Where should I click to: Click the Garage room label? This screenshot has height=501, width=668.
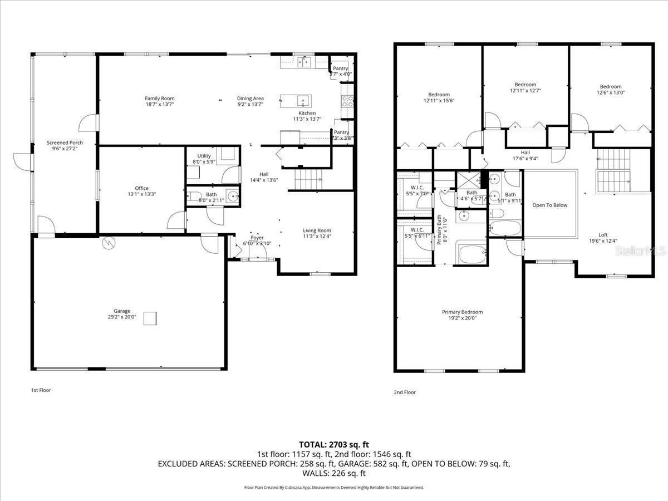[x=122, y=311]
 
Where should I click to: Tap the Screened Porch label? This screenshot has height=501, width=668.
[x=65, y=143]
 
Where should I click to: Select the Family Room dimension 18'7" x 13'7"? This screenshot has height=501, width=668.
[x=160, y=104]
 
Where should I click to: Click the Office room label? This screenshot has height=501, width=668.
[x=141, y=188]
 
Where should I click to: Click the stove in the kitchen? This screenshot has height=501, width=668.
[x=347, y=101]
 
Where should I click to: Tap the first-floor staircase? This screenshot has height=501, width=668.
[x=308, y=179]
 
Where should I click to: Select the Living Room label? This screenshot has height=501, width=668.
[x=317, y=230]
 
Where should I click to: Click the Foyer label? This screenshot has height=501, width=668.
[x=257, y=238]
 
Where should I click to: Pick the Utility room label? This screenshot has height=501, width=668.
[x=203, y=156]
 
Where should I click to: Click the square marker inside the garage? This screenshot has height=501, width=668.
[x=150, y=318]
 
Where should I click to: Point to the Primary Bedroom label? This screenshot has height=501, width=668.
[x=462, y=312]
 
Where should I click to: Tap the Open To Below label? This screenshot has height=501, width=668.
[x=549, y=205]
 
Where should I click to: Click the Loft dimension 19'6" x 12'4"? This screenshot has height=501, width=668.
[x=603, y=241]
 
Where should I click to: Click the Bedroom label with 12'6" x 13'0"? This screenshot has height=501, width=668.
[x=610, y=86]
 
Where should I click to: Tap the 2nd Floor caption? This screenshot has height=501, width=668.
[x=405, y=392]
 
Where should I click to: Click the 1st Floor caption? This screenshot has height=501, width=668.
[x=41, y=390]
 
